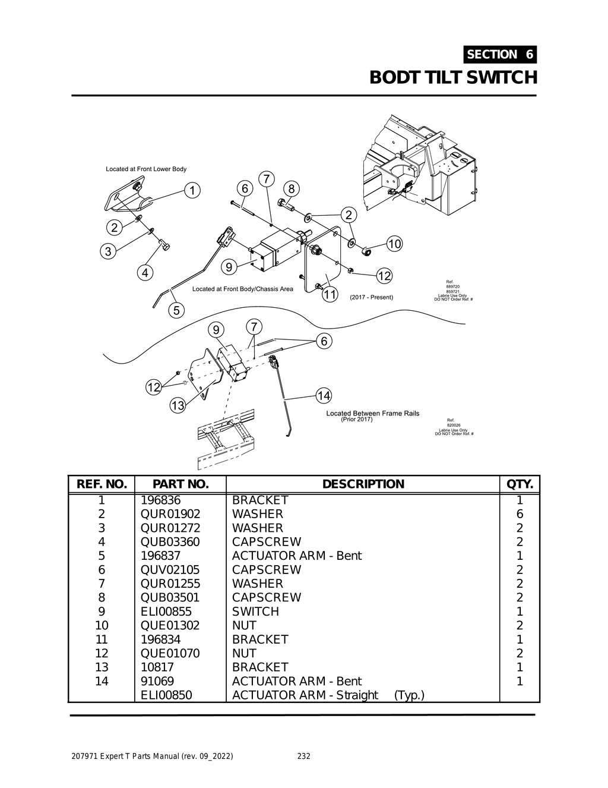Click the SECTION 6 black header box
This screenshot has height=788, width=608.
pos(500,55)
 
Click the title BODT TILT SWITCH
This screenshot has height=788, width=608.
pos(453,78)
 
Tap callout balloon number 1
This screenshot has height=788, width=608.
pos(192,191)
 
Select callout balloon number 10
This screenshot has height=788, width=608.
pos(394,244)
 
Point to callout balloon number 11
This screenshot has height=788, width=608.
pos(330,294)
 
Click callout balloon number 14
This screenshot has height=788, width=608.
pos(324,396)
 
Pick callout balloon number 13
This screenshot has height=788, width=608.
pos(178,406)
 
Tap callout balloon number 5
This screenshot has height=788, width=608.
pos(176,310)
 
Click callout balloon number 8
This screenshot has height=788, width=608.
pos(291,189)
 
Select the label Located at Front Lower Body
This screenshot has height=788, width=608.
pos(146,169)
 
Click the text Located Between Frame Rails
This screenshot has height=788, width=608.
pos(372,413)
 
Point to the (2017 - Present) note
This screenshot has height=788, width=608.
pos(371,297)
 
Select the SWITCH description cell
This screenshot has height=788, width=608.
pos(255,612)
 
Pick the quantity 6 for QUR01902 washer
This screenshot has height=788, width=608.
pos(520,514)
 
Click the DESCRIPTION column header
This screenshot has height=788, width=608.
pos(363,484)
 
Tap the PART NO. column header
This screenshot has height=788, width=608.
pos(180,484)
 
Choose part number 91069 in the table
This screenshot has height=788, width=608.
pos(157,681)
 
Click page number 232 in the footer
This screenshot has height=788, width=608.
pos(303,757)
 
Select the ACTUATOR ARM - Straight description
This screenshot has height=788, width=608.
pos(305,695)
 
